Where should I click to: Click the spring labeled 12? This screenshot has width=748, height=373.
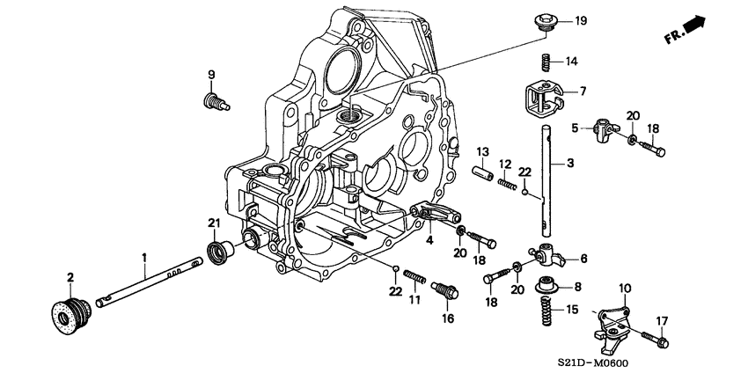tap(509, 183)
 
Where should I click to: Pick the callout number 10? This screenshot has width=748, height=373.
tap(626, 289)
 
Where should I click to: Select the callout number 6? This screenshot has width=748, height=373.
tap(582, 259)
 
